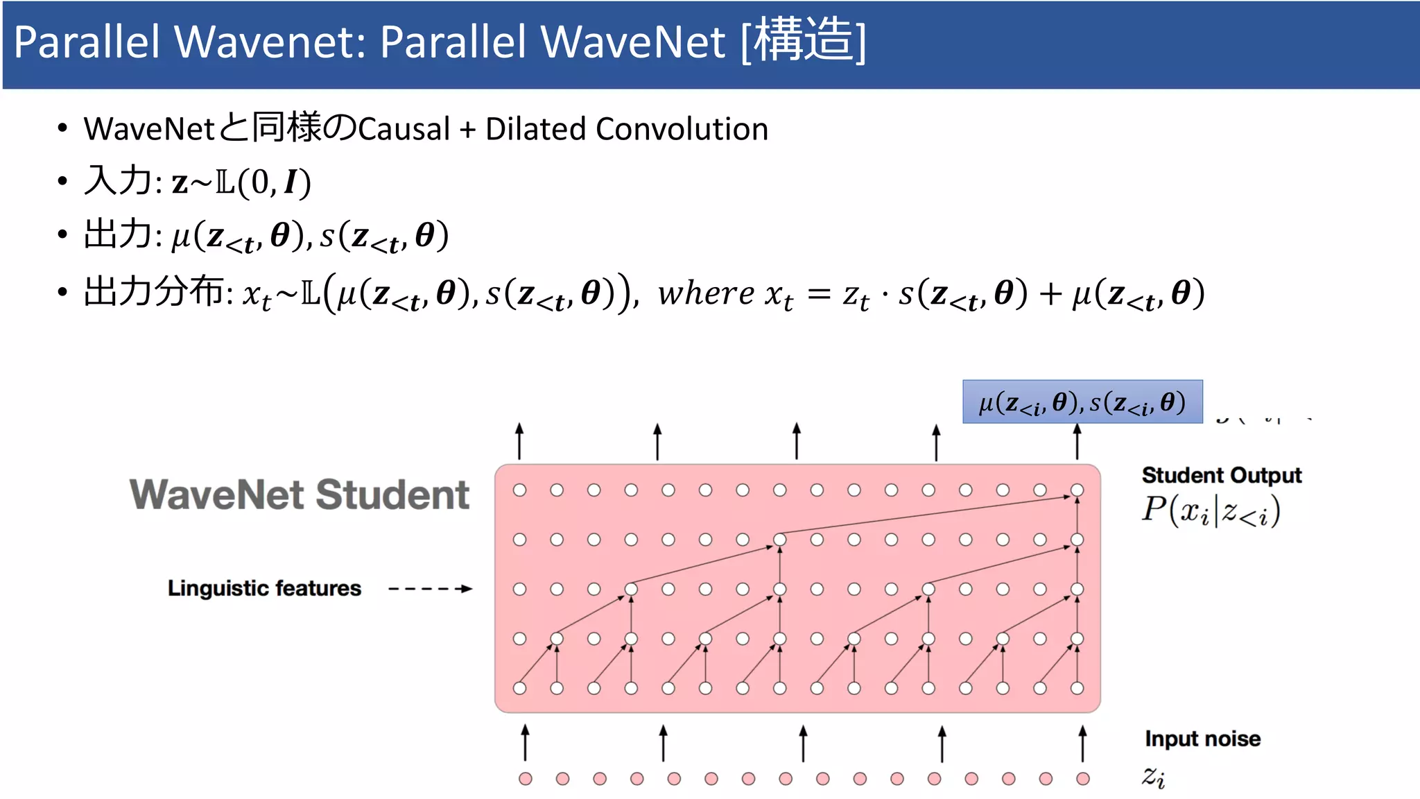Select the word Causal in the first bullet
coord(404,129)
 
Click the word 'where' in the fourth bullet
coord(706,293)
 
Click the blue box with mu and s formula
coord(1082,402)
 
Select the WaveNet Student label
coord(300,495)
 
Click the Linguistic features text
coord(264,588)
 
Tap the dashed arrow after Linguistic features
coord(430,589)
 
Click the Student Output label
coord(1221,475)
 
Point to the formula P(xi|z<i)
coord(1211,512)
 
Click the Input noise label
coord(1202,739)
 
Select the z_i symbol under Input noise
coord(1153,776)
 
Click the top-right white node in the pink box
coord(1077,490)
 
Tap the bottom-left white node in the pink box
coord(519,688)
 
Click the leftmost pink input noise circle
coord(526,779)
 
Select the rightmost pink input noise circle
coord(1082,779)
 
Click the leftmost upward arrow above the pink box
coord(519,441)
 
